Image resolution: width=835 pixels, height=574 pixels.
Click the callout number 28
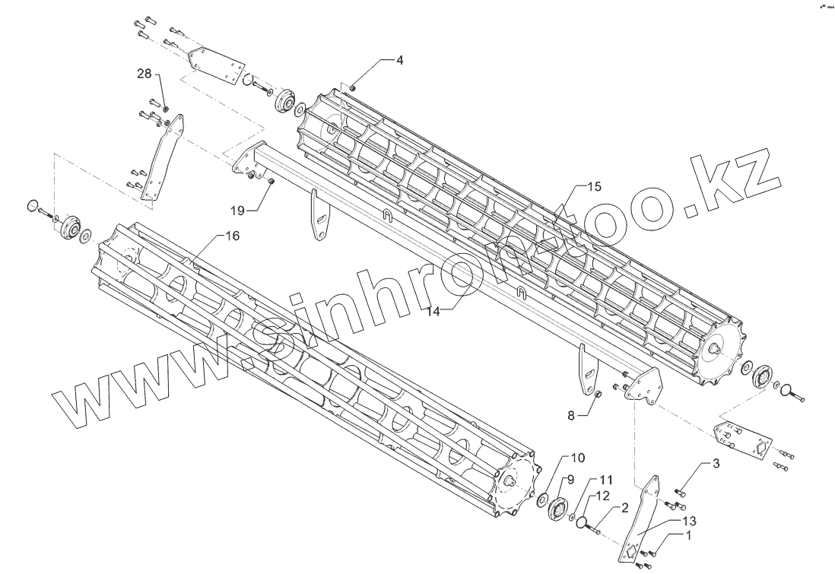(x=144, y=74)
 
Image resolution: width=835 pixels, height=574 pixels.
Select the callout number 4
(x=399, y=59)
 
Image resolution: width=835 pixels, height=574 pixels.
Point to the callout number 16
(x=233, y=236)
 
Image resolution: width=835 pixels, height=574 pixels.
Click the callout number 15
(x=593, y=186)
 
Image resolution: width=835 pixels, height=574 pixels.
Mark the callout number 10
(x=578, y=458)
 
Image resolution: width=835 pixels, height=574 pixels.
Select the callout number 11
(x=605, y=480)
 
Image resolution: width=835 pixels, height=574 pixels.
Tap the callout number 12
(x=602, y=496)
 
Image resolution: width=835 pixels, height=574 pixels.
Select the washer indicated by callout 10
(x=541, y=500)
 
